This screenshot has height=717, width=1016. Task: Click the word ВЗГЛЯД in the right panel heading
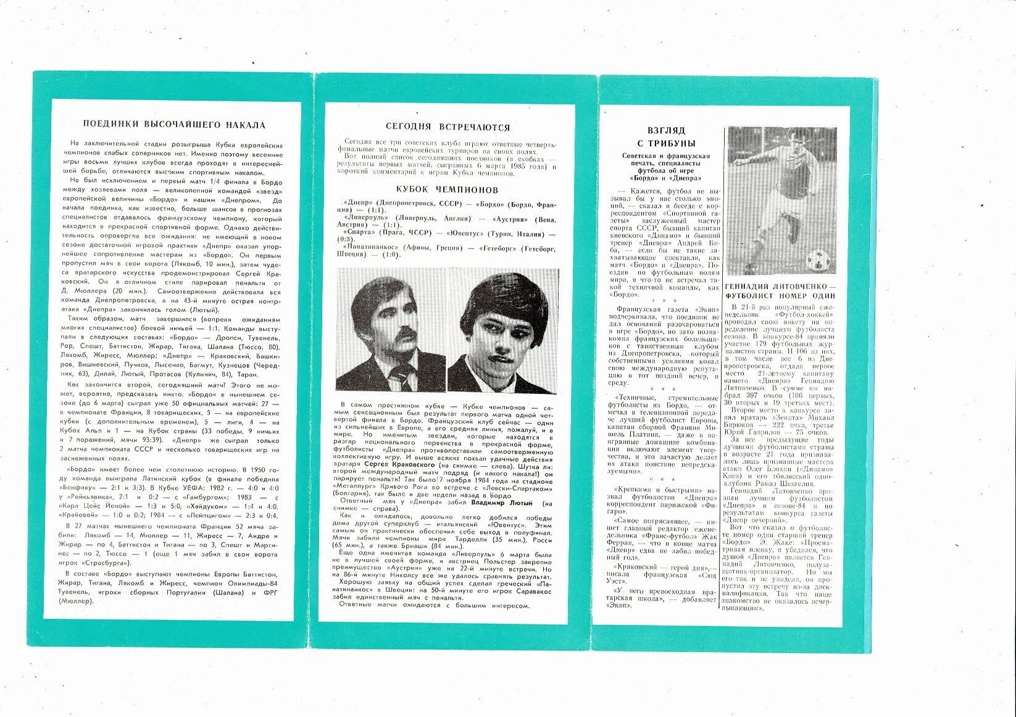click(666, 132)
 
